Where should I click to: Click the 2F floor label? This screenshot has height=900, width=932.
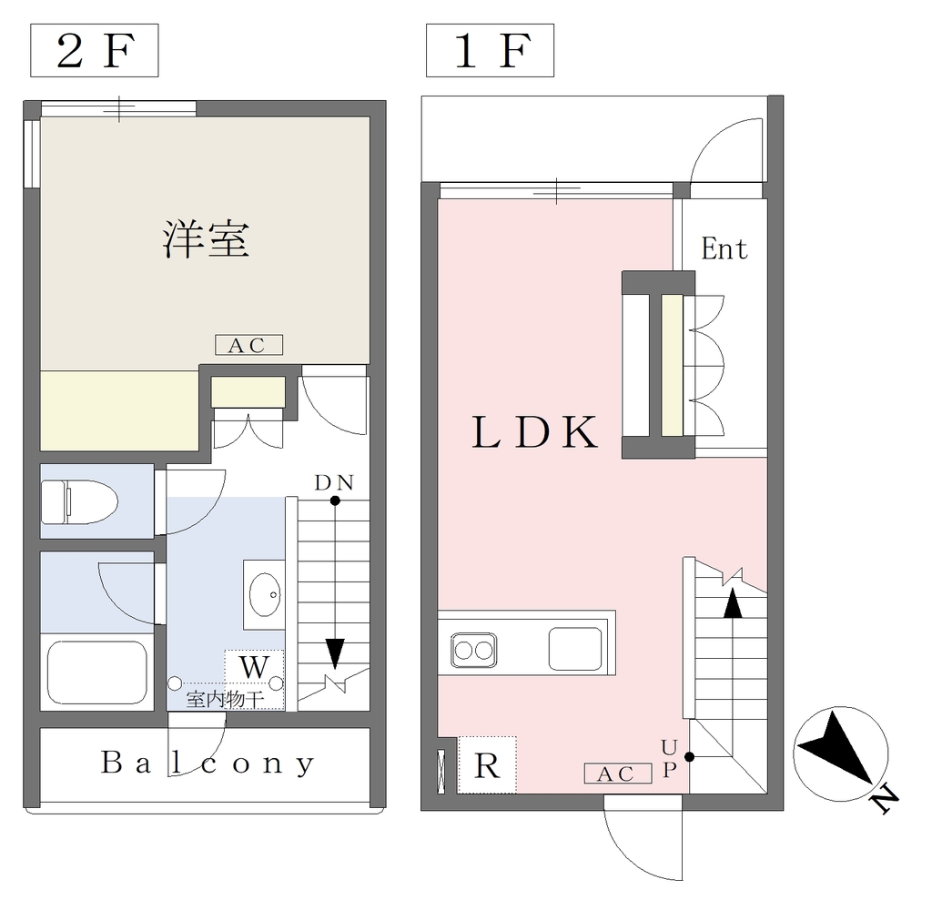click(x=95, y=51)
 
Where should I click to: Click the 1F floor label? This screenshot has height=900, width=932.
click(x=491, y=51)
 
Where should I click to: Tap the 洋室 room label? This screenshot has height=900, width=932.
click(x=207, y=239)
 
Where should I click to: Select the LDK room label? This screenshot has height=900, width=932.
click(x=534, y=432)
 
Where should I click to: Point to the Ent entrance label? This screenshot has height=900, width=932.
click(x=724, y=248)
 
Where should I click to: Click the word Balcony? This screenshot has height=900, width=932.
click(x=207, y=763)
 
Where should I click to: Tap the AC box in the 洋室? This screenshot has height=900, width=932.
click(x=248, y=345)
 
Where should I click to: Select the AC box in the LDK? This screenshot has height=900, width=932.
click(x=618, y=774)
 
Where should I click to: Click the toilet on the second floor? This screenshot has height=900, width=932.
click(x=79, y=501)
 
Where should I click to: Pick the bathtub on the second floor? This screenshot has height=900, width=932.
click(x=96, y=672)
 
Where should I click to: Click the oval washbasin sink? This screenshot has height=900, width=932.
click(x=265, y=594)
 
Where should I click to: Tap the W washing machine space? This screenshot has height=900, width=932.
click(x=254, y=667)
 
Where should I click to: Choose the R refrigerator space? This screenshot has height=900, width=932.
click(x=487, y=765)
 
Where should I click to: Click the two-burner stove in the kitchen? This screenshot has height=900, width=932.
click(x=473, y=651)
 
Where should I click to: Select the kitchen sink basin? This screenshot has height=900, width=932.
click(x=575, y=649)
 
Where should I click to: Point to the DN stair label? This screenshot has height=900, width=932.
click(x=334, y=482)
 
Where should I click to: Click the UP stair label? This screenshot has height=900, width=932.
click(x=669, y=758)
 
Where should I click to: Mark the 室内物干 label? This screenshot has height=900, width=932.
click(x=225, y=699)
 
